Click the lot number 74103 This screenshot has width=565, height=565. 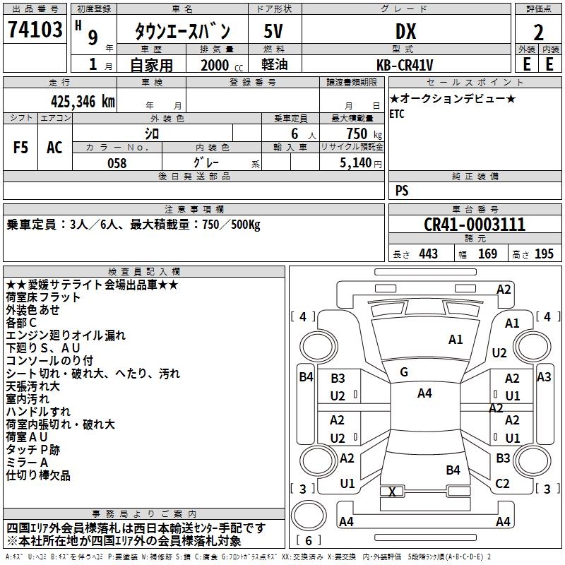pos(34,30)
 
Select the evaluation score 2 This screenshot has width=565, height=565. pos(538,32)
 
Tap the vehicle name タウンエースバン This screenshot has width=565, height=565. pos(182,31)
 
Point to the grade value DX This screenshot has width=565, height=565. pos(405,31)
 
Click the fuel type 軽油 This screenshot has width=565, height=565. pos(273,64)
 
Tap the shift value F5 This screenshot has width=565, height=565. pos(21,148)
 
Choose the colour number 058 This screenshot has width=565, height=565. pos(117,163)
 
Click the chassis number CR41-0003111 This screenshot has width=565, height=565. pos(475,225)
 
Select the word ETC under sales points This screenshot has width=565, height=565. pos(397,114)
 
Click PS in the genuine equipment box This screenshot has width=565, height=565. pos(402,191)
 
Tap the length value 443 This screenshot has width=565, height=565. pos(428,254)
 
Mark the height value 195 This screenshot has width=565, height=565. pos(545,254)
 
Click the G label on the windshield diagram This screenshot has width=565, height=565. pos(404,372)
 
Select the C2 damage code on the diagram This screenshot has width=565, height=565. pos(503,484)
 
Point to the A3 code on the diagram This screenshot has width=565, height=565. pos(544,377)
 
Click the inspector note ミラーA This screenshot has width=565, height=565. pos(28,463)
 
